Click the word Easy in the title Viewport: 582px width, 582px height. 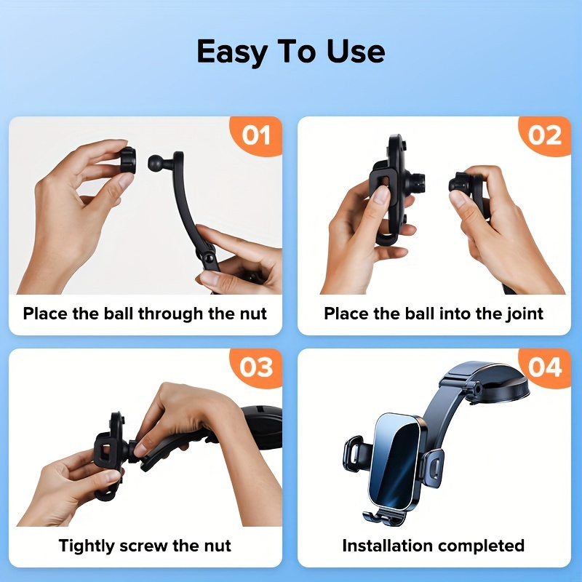pos(231,52)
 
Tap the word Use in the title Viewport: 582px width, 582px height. pos(356,52)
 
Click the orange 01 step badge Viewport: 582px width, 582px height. pos(256,135)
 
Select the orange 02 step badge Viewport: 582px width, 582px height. pos(544,135)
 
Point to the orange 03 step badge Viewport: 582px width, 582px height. pos(256,367)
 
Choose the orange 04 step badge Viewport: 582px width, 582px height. pos(544,367)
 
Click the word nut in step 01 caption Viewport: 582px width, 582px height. pos(253,314)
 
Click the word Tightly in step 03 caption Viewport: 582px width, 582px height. pos(87,546)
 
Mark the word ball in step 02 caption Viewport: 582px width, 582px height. pos(419,314)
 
